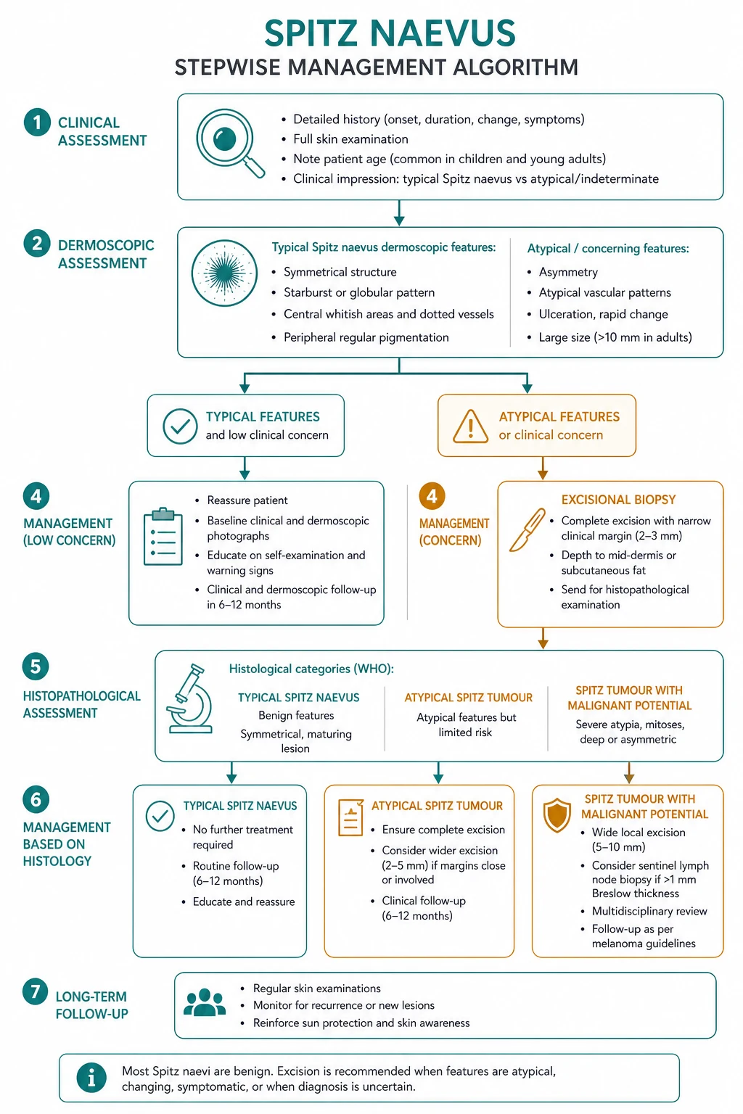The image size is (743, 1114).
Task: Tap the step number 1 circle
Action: point(37,123)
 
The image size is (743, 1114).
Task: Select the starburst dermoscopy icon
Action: point(224,273)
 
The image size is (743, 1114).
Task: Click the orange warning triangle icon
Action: point(470,426)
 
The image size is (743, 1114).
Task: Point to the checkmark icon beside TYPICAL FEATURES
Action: point(180,426)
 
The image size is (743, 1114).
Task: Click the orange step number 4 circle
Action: point(432,496)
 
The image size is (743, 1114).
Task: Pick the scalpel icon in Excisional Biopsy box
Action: point(527,529)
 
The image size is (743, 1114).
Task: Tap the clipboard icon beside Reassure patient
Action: point(163,537)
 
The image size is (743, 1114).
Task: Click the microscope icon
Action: point(191,698)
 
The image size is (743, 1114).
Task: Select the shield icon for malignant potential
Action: point(557,815)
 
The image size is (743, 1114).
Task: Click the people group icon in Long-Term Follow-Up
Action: point(205,1002)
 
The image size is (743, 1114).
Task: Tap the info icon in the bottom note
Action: point(91,1078)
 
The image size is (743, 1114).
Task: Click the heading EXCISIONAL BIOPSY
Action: point(619,499)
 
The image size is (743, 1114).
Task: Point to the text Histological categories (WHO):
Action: point(311,669)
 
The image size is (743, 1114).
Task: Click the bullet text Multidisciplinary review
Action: point(649,911)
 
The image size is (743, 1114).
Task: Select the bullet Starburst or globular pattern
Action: point(359,292)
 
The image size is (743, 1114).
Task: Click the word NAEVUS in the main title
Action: point(443,33)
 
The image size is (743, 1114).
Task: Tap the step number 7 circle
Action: point(36,991)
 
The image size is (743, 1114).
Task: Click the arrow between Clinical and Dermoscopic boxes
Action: point(399,213)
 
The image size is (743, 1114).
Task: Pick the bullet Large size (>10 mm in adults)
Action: point(615,337)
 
